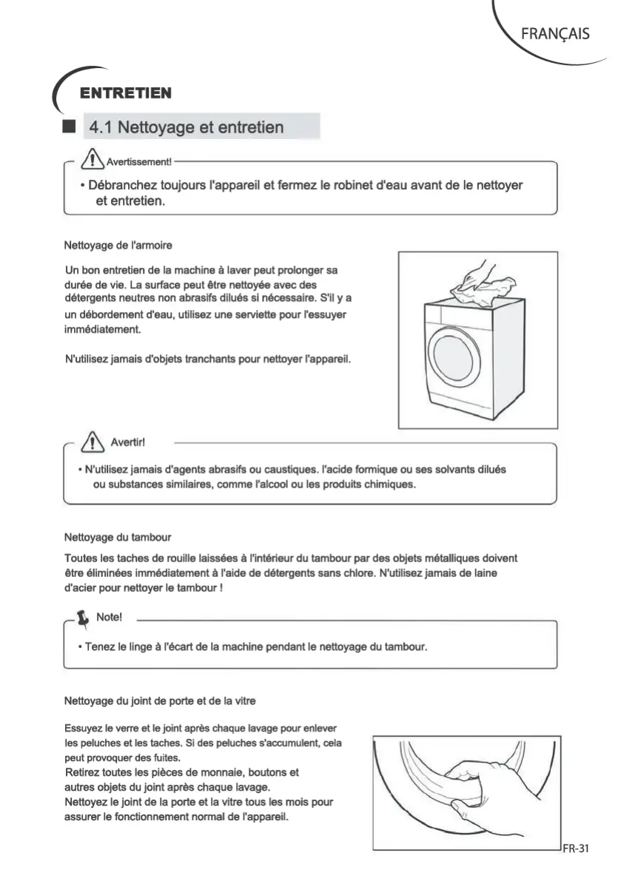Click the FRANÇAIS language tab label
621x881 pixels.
pos(555,33)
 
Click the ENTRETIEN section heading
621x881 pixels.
pos(126,93)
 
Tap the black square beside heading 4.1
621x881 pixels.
pos(70,126)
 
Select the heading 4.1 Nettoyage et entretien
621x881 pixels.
pos(186,127)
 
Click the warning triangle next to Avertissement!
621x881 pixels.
pos(92,158)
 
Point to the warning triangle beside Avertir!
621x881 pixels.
pos(93,442)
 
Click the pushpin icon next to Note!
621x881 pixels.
pos(84,617)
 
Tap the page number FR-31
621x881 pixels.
pos(574,848)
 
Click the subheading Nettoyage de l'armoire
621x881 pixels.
pos(119,244)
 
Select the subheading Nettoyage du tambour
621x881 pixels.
pos(118,536)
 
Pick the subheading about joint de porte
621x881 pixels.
pos(161,699)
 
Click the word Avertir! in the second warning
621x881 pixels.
pos(127,442)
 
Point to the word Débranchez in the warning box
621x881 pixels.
pos(121,185)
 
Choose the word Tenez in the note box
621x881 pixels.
pos(101,647)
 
